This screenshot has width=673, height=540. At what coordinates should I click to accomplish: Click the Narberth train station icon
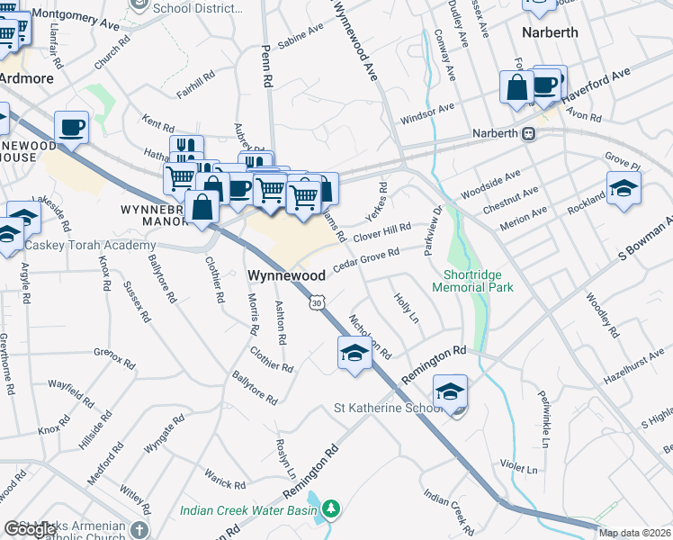[529, 133]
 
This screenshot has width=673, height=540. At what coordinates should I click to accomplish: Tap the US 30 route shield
[316, 303]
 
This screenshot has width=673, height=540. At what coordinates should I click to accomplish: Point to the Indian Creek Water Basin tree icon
[332, 510]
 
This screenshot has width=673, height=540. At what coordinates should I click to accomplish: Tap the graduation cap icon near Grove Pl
[623, 190]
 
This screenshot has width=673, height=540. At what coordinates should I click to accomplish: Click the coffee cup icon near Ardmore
[71, 127]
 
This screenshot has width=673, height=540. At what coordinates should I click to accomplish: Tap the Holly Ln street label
[407, 307]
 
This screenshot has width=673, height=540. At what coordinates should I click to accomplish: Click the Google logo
[30, 529]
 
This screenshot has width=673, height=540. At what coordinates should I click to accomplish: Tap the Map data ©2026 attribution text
[635, 533]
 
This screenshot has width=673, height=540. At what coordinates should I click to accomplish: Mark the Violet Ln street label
[519, 468]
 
